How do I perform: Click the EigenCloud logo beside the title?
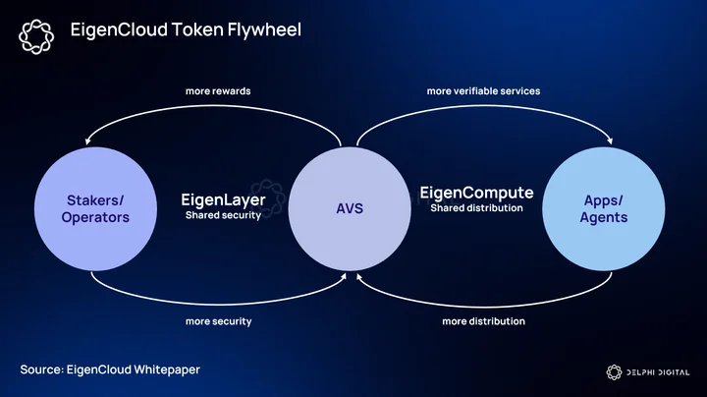click(x=36, y=36)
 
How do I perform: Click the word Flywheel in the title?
click(x=264, y=29)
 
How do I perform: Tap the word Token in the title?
click(x=197, y=29)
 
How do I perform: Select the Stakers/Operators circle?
click(x=95, y=209)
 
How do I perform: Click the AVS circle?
click(x=350, y=209)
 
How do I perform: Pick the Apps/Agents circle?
click(x=603, y=209)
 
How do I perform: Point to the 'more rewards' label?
click(x=218, y=91)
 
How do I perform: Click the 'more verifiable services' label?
click(x=483, y=91)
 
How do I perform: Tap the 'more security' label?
click(x=219, y=321)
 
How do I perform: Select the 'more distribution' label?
click(x=483, y=321)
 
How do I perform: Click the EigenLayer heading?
click(x=223, y=199)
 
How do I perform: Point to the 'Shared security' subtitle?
click(x=223, y=215)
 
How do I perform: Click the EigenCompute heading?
click(x=476, y=193)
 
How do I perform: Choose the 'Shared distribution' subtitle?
click(x=476, y=208)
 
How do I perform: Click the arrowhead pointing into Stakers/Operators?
click(x=88, y=142)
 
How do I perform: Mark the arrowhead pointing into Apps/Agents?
click(x=610, y=141)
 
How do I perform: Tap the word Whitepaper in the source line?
click(x=167, y=369)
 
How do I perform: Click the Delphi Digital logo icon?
click(x=614, y=372)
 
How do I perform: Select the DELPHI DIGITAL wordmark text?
click(x=658, y=372)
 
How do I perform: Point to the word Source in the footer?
click(x=42, y=369)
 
